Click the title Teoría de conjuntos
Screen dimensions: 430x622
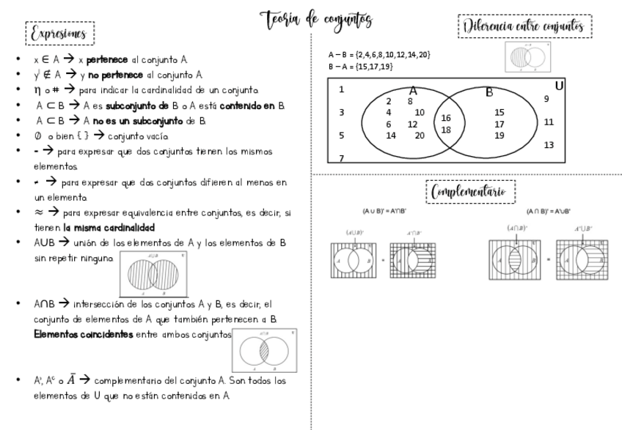point(315,19)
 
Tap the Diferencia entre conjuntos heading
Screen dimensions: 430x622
point(524,27)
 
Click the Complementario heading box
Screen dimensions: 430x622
point(472,192)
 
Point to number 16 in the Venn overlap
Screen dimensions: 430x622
point(445,117)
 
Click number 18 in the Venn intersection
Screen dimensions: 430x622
point(445,130)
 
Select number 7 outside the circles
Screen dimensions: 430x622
point(342,157)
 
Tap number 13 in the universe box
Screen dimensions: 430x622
point(549,145)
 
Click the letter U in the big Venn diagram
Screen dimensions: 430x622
point(559,86)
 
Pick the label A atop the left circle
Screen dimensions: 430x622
point(412,91)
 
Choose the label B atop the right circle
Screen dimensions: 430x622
point(489,92)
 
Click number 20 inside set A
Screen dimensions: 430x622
point(419,135)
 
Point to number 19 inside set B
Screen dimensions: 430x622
point(499,135)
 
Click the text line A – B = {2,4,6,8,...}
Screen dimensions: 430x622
point(379,55)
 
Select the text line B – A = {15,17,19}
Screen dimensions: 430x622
point(360,66)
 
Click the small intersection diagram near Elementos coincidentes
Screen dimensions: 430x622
point(264,350)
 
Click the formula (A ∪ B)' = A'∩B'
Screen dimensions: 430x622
point(385,211)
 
